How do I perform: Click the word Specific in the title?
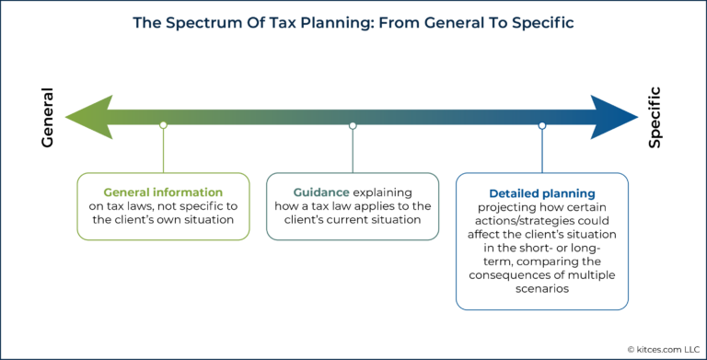[x=518, y=21]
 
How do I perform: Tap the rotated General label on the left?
[x=48, y=118]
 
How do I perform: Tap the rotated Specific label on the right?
[x=655, y=118]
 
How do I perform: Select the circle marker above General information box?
[x=163, y=124]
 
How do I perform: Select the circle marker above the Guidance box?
[x=353, y=124]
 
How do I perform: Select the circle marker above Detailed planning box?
[x=542, y=124]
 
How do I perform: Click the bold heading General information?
[x=163, y=192]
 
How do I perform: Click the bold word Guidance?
[x=320, y=192]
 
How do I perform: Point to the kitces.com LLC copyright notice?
[x=648, y=348]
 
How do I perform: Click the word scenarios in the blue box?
[x=542, y=288]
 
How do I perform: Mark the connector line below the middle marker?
[x=353, y=149]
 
